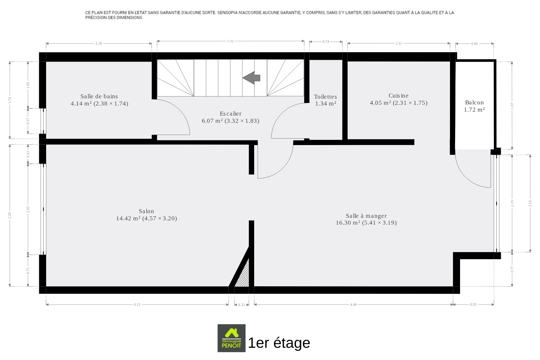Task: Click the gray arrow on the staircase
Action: (251, 78)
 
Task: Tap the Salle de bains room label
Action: (99, 96)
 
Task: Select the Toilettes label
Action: (325, 97)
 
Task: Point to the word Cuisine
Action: (399, 96)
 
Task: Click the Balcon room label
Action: (474, 103)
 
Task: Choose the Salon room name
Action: (146, 211)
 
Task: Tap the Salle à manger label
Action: (366, 216)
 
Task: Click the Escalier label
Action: (230, 113)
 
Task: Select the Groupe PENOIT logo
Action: (231, 338)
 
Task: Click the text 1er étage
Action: (279, 343)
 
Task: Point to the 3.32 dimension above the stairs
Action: (230, 41)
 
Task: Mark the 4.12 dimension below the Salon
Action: (137, 305)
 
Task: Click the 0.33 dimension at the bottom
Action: (241, 305)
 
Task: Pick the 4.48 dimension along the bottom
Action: (353, 305)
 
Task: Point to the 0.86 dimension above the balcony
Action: (474, 44)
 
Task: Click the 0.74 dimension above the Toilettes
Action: (326, 42)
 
